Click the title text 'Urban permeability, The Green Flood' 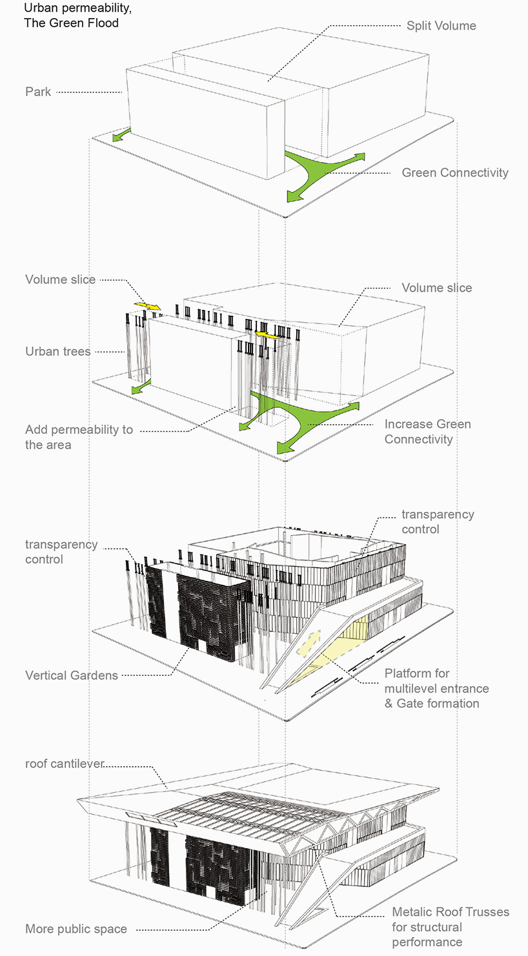click(x=72, y=16)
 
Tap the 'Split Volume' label click(x=441, y=26)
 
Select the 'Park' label click(x=38, y=92)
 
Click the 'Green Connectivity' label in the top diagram click(x=454, y=173)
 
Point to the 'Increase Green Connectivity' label click(x=427, y=432)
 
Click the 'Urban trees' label click(x=58, y=352)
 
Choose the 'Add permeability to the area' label click(x=79, y=437)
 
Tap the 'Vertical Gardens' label click(x=72, y=676)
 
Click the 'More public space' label click(x=76, y=930)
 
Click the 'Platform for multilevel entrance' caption click(x=436, y=688)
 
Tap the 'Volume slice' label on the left click(x=61, y=280)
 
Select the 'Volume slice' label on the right click(x=436, y=288)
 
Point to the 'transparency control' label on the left click(x=61, y=552)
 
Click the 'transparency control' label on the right click(x=438, y=522)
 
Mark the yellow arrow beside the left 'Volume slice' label click(x=148, y=305)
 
